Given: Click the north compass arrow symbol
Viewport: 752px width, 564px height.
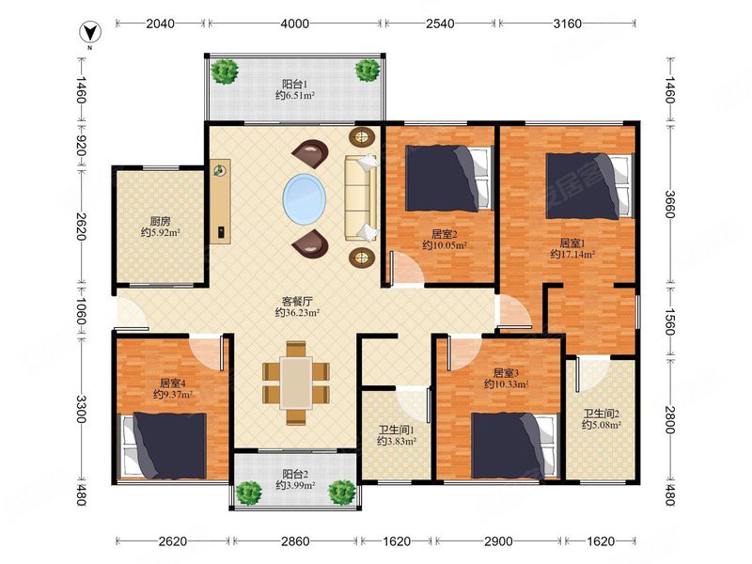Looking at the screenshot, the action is [x=89, y=34].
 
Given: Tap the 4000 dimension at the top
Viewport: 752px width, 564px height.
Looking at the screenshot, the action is [x=294, y=23].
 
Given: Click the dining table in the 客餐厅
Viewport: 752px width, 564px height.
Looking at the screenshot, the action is [x=296, y=383].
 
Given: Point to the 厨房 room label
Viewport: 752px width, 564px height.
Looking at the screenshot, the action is [x=160, y=222].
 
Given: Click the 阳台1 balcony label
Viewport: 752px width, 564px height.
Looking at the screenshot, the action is [x=294, y=84].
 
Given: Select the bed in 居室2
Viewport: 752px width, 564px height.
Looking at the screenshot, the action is [x=449, y=179].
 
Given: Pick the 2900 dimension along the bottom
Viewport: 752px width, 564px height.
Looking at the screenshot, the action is [x=498, y=541].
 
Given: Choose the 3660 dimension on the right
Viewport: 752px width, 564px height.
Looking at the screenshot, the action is [x=670, y=204].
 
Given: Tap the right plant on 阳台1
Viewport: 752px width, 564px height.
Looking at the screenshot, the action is [x=368, y=70].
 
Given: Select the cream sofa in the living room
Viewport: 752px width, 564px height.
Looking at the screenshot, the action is [x=361, y=197].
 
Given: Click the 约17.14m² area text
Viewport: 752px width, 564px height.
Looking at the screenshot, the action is [x=572, y=254].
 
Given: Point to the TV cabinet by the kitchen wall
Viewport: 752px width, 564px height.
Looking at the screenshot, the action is [x=220, y=201].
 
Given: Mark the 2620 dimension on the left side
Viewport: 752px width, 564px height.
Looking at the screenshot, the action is [x=80, y=227].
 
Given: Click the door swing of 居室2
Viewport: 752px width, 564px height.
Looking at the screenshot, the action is [x=406, y=268].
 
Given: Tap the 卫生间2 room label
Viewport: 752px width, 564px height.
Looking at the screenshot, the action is [x=602, y=414].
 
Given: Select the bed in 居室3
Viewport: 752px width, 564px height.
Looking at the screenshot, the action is [x=515, y=446].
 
